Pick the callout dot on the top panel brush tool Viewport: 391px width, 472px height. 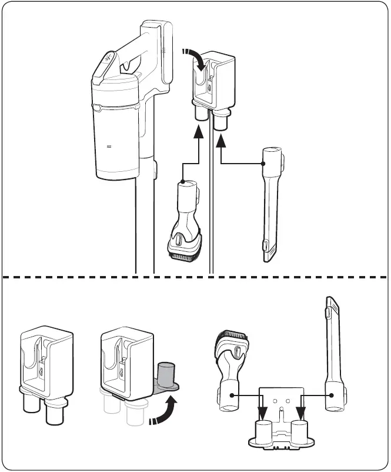click(x=183, y=181)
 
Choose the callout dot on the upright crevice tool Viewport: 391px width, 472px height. click(x=331, y=396)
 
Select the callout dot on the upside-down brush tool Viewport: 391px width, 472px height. click(x=232, y=396)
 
